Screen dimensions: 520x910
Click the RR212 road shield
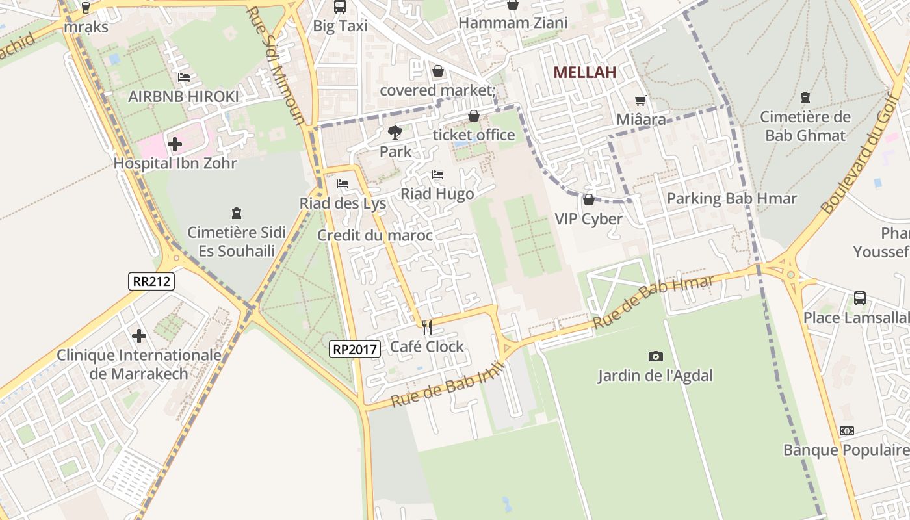[151, 281]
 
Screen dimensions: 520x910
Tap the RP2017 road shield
[354, 349]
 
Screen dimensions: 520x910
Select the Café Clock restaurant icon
[427, 327]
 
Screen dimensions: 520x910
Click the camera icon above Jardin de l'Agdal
[655, 356]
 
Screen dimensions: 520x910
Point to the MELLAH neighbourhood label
[584, 73]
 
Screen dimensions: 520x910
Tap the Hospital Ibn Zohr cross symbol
[175, 144]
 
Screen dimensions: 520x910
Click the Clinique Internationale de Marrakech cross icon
[139, 336]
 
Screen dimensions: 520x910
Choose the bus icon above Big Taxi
[339, 6]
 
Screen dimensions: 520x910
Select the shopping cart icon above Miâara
[641, 100]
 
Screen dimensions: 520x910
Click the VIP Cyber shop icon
[588, 200]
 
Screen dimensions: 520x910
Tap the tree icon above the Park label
[395, 133]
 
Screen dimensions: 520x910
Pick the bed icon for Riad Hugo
[437, 175]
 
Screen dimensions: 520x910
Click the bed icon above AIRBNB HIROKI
[184, 77]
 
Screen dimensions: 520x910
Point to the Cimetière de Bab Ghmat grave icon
[805, 98]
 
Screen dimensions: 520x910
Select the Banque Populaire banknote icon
[846, 431]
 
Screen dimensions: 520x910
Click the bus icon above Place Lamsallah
[859, 298]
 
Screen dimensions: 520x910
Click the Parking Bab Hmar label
[731, 198]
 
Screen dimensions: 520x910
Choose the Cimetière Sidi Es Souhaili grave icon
[236, 213]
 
